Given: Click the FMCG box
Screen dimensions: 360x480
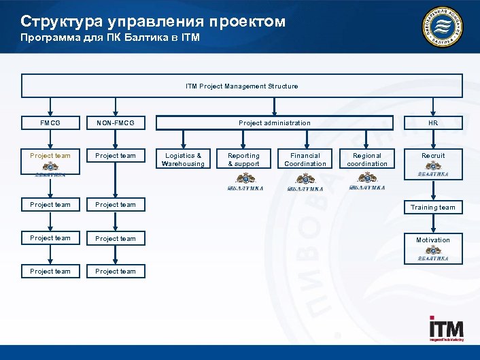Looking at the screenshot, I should pyautogui.click(x=50, y=123).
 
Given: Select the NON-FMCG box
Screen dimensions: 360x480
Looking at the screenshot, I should pyautogui.click(x=116, y=123).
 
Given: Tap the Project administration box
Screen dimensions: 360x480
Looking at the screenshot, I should pyautogui.click(x=274, y=123).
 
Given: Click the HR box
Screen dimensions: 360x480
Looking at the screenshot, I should pyautogui.click(x=432, y=123).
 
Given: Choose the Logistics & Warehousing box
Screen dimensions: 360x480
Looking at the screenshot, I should pyautogui.click(x=183, y=159).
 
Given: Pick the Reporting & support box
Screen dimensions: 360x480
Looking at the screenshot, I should pyautogui.click(x=243, y=159).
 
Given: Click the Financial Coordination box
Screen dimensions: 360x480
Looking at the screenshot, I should pyautogui.click(x=305, y=159).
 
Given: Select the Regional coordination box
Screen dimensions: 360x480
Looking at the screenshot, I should pyautogui.click(x=367, y=159).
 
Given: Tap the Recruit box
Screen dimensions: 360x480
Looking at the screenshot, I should pyautogui.click(x=433, y=156).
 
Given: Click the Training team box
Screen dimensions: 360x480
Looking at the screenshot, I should pyautogui.click(x=433, y=208).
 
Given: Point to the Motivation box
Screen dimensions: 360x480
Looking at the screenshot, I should pyautogui.click(x=433, y=240).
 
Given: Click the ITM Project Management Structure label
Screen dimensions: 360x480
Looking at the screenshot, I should pyautogui.click(x=242, y=86).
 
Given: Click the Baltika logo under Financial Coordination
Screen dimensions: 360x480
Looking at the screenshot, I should pyautogui.click(x=305, y=182).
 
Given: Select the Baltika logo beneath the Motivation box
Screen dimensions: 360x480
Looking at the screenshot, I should pyautogui.click(x=433, y=253).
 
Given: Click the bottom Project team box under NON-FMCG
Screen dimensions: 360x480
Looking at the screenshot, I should pyautogui.click(x=116, y=272).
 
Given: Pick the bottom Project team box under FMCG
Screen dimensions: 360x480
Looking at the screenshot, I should pyautogui.click(x=50, y=272).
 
